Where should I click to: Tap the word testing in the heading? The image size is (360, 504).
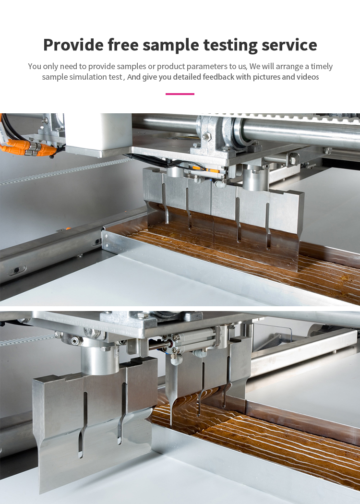pyautogui.click(x=230, y=45)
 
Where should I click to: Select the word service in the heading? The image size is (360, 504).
pyautogui.click(x=289, y=45)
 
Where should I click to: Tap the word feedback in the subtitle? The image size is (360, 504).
pyautogui.click(x=218, y=77)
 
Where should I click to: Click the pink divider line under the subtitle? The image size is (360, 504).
pyautogui.click(x=180, y=94)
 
